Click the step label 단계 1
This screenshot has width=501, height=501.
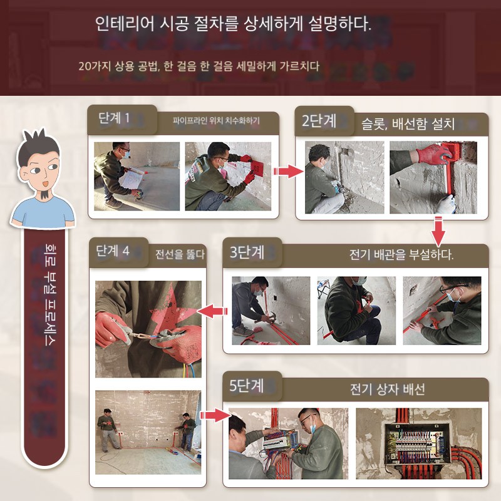(114, 118)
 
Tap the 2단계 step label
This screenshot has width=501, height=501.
(319, 121)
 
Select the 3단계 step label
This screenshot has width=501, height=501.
(247, 252)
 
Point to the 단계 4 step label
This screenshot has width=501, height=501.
(113, 251)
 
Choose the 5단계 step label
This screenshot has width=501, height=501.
(246, 386)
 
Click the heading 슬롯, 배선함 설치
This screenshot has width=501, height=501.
(408, 123)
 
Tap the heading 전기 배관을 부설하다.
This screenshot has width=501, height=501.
(401, 255)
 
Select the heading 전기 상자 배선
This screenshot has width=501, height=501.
(387, 389)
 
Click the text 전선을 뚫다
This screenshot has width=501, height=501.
(180, 254)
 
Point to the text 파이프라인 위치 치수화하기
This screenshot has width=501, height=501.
(216, 121)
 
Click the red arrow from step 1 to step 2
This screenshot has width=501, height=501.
(288, 172)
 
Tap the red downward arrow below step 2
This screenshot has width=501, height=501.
(438, 231)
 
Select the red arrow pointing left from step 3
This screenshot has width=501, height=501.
(212, 311)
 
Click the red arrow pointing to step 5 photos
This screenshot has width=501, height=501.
(215, 415)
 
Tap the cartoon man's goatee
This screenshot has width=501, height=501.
(45, 194)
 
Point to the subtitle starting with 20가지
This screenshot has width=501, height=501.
(199, 66)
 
